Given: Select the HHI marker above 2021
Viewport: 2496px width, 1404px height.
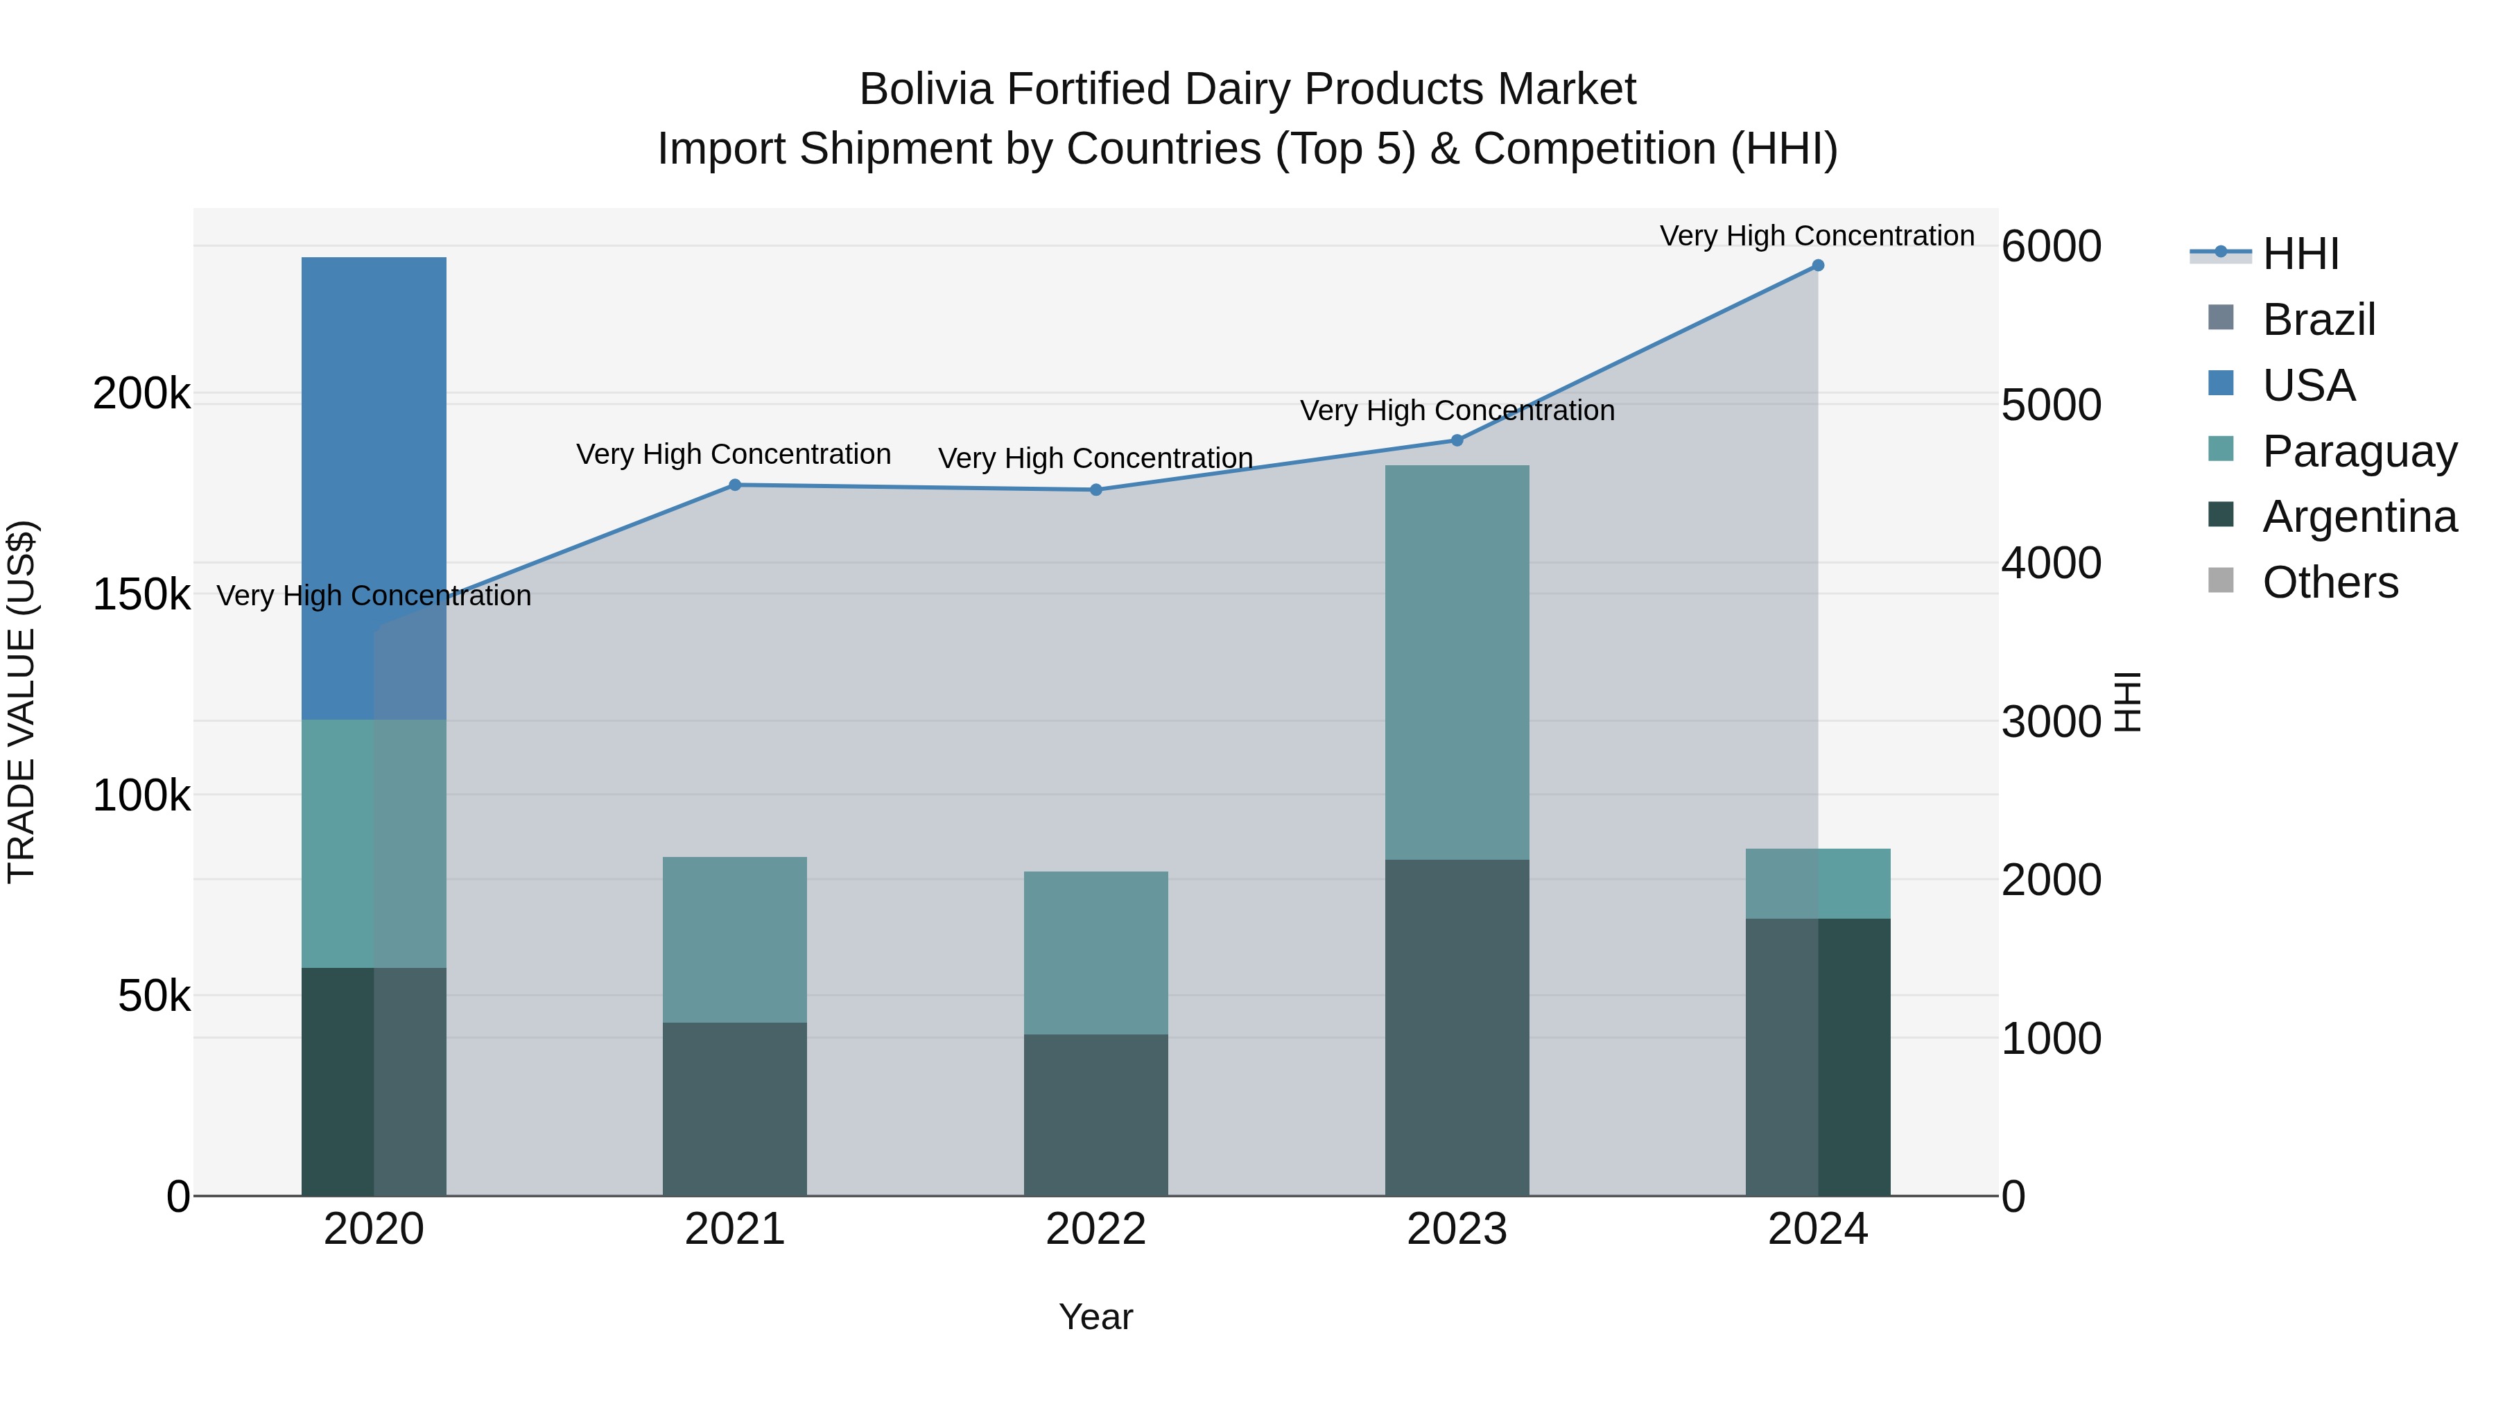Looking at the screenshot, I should tap(734, 485).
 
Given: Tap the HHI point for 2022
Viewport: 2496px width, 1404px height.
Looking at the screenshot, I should tap(1096, 489).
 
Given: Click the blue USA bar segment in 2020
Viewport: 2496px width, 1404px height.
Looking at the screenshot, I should tap(373, 485).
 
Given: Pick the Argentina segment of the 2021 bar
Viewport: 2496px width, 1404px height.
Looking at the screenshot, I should tap(734, 1109).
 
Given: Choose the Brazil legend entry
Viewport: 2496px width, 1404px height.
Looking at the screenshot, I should tap(2318, 320).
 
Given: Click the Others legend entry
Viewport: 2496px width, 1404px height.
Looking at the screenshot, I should tap(2330, 582).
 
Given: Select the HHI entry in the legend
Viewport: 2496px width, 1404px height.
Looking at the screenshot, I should tap(2300, 254).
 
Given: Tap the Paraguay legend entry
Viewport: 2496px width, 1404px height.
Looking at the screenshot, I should tap(2359, 451).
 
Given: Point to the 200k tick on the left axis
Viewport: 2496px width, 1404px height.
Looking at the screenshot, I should tap(141, 395).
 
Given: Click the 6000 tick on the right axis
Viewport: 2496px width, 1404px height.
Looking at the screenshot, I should tap(2052, 246).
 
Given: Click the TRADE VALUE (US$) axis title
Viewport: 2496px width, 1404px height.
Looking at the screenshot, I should tap(21, 702).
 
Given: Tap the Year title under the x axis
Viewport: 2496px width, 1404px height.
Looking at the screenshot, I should tap(1096, 1317).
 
